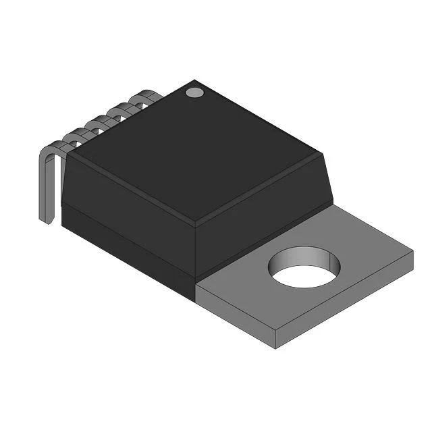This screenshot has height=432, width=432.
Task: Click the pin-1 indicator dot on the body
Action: [194, 92]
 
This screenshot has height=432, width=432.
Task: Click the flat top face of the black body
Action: [196, 152]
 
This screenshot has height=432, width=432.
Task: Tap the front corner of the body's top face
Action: [196, 222]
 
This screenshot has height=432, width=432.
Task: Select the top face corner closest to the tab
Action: [323, 155]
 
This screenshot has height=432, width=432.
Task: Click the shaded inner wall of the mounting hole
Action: [297, 256]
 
